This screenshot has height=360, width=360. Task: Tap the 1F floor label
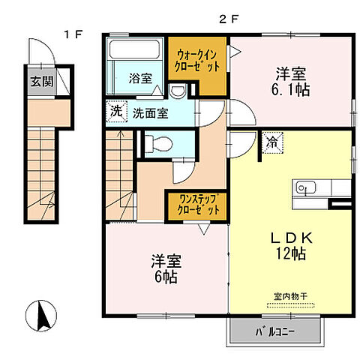point(72,34)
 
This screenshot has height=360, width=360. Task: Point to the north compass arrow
point(43,313)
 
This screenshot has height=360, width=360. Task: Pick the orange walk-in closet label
point(198,59)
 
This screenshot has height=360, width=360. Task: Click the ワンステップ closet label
point(197,205)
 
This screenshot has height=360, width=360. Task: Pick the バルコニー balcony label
point(277,329)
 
